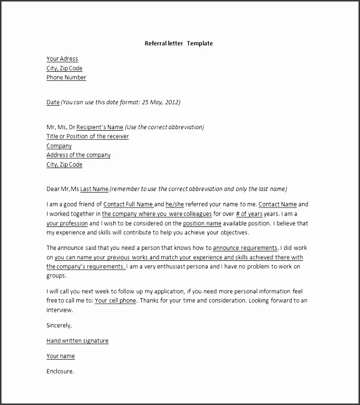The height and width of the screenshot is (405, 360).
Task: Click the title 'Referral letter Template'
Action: pyautogui.click(x=179, y=43)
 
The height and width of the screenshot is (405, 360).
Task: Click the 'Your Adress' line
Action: pyautogui.click(x=62, y=59)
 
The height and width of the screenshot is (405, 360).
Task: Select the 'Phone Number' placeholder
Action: pyautogui.click(x=66, y=77)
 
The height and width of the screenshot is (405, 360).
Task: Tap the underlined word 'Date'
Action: pyautogui.click(x=53, y=102)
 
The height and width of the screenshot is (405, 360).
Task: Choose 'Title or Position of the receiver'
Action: pyautogui.click(x=88, y=136)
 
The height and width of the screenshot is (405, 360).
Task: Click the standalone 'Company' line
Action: pyautogui.click(x=59, y=146)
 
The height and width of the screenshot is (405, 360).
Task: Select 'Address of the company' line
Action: pyautogui.click(x=78, y=155)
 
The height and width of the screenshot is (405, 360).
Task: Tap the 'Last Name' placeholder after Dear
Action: pyautogui.click(x=94, y=189)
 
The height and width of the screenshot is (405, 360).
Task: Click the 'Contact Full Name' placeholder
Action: pyautogui.click(x=128, y=204)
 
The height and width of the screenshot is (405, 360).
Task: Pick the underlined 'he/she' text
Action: pyautogui.click(x=175, y=204)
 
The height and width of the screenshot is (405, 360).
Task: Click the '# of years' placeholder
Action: pyautogui.click(x=249, y=214)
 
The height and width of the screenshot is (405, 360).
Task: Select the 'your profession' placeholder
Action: pyautogui.click(x=67, y=223)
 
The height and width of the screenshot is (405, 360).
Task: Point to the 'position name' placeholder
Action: pyautogui.click(x=202, y=223)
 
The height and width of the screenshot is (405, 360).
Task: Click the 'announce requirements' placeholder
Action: pyautogui.click(x=245, y=248)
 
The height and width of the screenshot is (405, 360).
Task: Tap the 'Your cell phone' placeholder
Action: pyautogui.click(x=115, y=301)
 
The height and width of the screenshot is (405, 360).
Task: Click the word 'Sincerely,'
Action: pyautogui.click(x=59, y=325)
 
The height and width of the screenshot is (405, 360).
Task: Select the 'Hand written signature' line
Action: pyautogui.click(x=77, y=341)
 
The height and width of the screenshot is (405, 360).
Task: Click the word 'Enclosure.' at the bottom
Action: pyautogui.click(x=60, y=371)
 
